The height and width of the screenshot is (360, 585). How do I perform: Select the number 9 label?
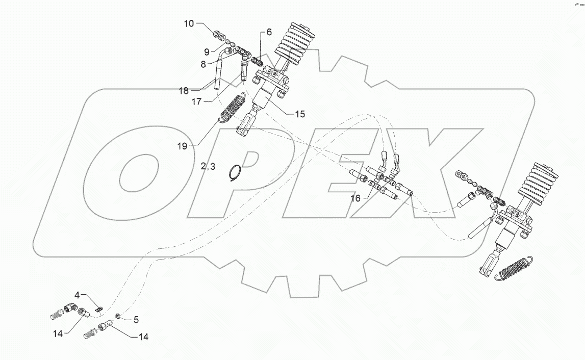[x=207, y=51]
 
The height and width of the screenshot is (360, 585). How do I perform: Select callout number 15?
[x=299, y=114]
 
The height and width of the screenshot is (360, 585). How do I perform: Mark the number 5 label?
[x=136, y=320]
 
